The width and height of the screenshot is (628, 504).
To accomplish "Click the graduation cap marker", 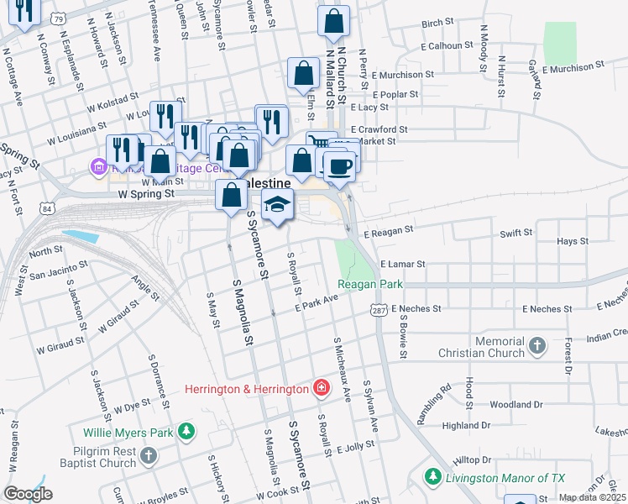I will pyautogui.click(x=278, y=204).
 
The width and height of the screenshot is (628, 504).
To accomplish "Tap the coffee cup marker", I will pyautogui.click(x=339, y=166).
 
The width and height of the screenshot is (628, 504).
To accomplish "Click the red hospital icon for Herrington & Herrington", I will pyautogui.click(x=320, y=388).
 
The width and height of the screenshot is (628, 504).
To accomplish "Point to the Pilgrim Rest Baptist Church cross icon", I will pyautogui.click(x=148, y=456).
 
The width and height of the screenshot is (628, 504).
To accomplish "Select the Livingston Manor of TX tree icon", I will pyautogui.click(x=432, y=477).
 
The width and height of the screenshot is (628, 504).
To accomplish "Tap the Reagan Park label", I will pyautogui.click(x=370, y=285).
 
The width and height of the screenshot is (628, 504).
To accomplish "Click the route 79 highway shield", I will pyautogui.click(x=57, y=17).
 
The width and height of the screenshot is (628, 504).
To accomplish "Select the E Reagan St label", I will pyautogui.click(x=389, y=229).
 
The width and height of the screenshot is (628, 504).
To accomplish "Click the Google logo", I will pyautogui.click(x=28, y=493).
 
